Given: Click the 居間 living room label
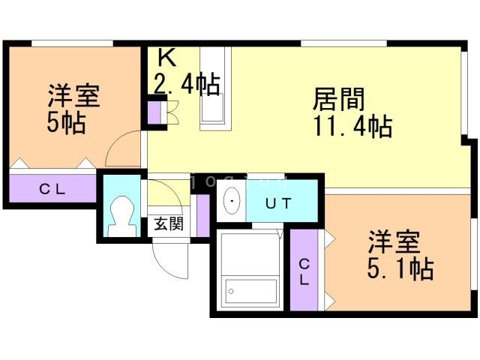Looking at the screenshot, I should tap(338, 100).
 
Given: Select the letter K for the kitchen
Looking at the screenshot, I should tap(166, 58).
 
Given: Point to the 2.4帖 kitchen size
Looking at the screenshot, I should tap(187, 84).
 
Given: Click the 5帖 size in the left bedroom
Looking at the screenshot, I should tap(66, 122).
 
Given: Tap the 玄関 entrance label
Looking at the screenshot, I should tap(169, 223).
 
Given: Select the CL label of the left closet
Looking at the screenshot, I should tap(52, 189).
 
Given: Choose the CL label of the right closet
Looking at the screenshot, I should tap(304, 271).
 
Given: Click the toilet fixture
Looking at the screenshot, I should tap(119, 215).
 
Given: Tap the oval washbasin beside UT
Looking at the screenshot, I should tap(232, 201).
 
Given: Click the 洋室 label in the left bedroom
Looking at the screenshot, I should tap(74, 97).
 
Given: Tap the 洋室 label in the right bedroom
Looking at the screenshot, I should tap(393, 242).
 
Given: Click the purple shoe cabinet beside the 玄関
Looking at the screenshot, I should tap(201, 215).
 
